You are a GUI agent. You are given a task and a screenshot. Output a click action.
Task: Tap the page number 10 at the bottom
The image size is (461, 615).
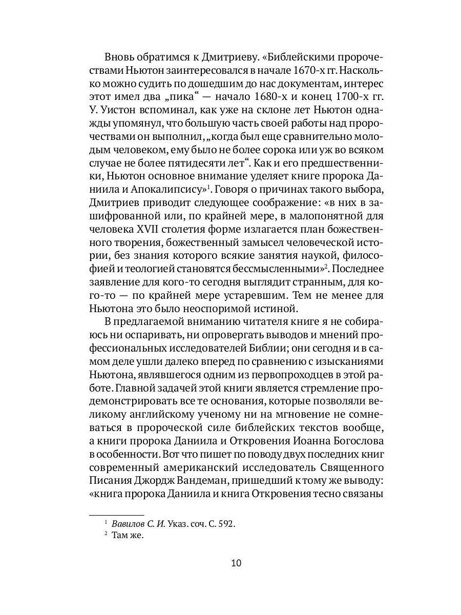click(236, 563)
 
